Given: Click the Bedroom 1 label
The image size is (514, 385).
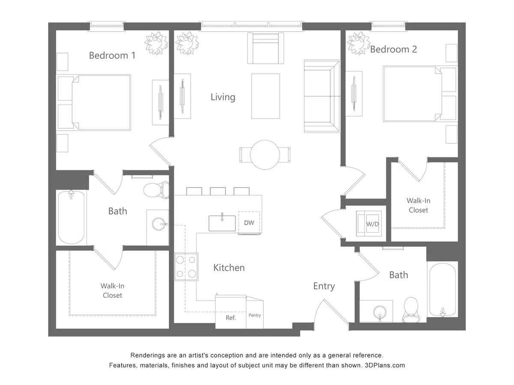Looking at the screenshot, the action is (112, 55).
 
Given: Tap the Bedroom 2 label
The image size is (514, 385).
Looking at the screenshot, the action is (393, 49).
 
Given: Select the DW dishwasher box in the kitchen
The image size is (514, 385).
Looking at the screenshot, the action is (249, 222).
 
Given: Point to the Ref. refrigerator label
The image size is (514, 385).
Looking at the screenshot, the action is (230, 318).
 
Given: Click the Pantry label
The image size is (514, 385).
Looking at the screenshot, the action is (254, 315).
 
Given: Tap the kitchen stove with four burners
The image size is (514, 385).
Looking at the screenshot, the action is (186, 267).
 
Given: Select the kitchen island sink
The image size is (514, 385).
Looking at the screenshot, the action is (222, 223).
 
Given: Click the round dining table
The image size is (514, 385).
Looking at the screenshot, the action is (265, 154).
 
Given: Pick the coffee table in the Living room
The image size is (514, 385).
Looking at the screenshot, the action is (266, 96).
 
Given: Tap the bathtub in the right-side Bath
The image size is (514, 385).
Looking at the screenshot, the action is (442, 290).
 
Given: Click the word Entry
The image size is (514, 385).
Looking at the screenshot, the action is (324, 286).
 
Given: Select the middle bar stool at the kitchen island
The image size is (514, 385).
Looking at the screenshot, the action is (218, 191).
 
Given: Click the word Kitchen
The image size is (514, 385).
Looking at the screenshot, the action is (229, 268).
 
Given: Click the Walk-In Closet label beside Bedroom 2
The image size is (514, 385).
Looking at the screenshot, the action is (418, 205).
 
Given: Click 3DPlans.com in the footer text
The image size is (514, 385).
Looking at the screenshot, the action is (385, 365).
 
